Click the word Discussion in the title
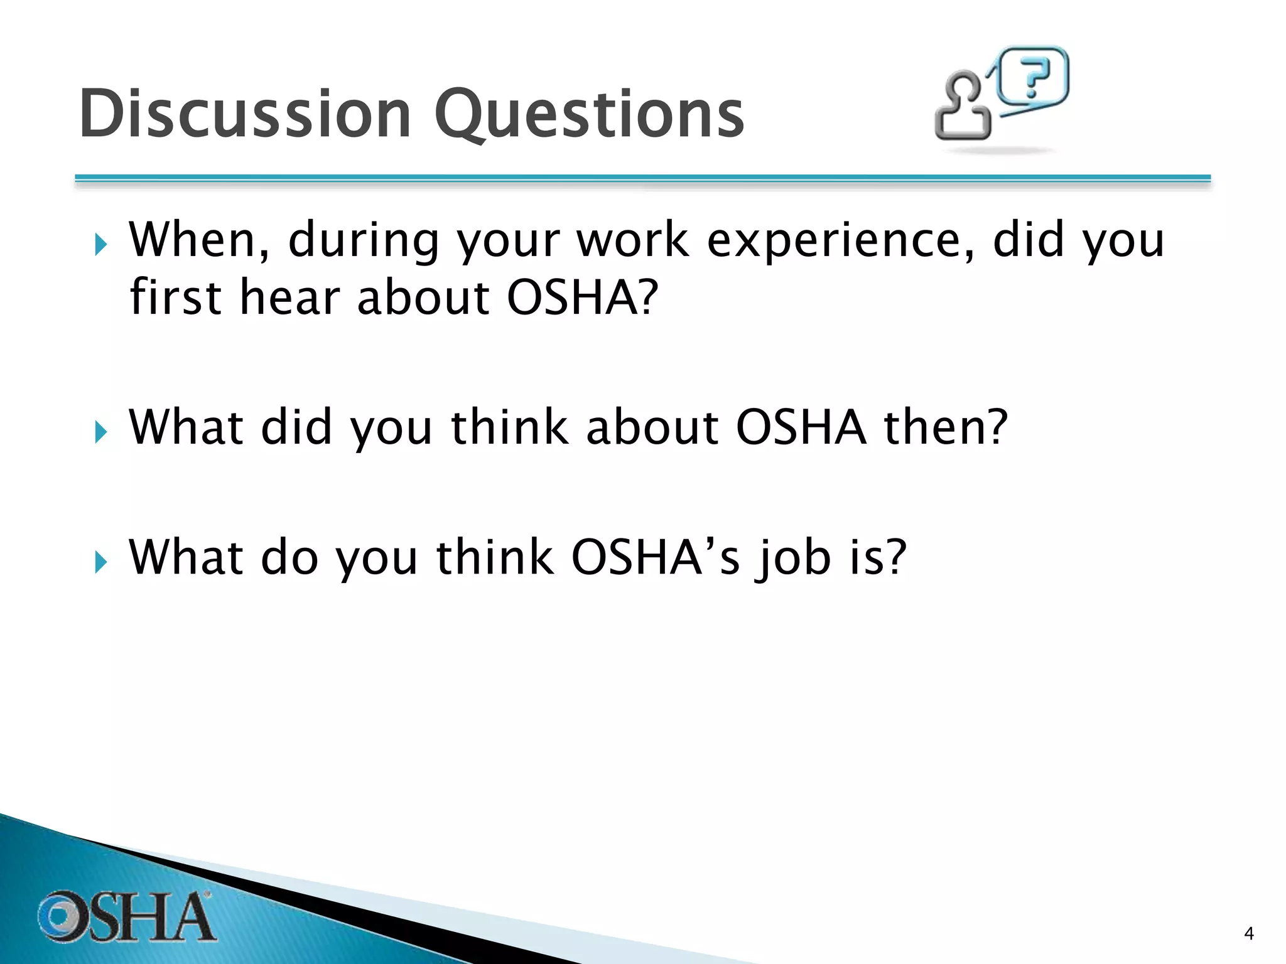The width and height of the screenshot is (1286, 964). [245, 114]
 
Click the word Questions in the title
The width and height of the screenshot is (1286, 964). [588, 114]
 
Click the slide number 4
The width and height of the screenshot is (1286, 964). [1248, 934]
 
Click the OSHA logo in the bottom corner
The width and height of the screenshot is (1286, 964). [126, 916]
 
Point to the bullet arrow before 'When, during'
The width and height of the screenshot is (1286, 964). [100, 245]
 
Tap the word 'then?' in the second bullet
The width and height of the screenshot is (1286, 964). [946, 427]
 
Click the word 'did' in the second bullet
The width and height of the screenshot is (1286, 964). [296, 427]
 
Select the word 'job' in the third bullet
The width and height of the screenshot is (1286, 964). [794, 557]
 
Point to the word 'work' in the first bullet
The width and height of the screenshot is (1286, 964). [632, 240]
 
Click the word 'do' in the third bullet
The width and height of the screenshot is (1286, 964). [289, 557]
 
